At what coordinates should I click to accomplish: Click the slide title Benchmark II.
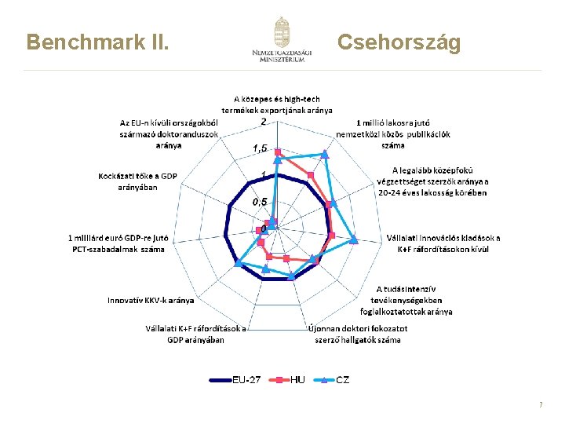tap(98, 42)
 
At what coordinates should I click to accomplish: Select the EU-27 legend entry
tap(235, 380)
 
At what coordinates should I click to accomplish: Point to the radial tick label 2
tap(264, 121)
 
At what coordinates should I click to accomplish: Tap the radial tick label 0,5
tap(260, 202)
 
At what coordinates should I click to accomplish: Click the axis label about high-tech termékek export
tap(277, 105)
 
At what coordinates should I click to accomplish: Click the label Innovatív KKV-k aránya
tap(151, 300)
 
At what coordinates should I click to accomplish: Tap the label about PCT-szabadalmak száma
tap(118, 243)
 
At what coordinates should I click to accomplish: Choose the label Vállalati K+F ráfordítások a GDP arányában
tap(195, 334)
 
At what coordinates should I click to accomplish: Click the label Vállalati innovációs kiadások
tap(443, 243)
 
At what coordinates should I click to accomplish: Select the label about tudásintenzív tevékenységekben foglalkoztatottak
tap(414, 300)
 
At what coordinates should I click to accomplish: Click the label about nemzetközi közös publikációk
tap(403, 133)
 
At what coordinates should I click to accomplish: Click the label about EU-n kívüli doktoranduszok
tap(169, 133)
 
